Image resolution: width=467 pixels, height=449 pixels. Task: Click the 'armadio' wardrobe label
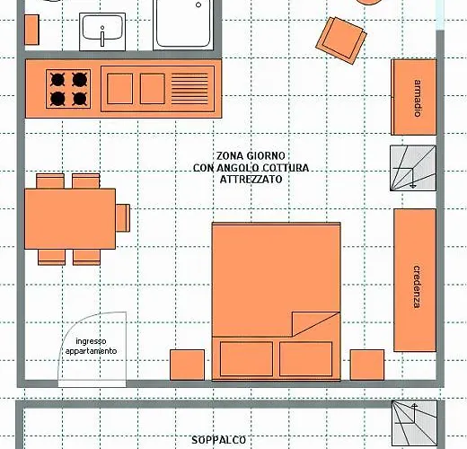pyautogui.click(x=418, y=98)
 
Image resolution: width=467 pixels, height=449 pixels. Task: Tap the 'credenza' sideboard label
pyautogui.click(x=417, y=286)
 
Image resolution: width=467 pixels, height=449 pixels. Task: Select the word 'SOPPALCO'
pyautogui.click(x=218, y=440)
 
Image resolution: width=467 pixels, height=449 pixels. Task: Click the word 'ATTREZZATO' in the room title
pyautogui.click(x=251, y=180)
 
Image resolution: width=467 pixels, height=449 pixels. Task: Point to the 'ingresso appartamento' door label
pyautogui.click(x=91, y=346)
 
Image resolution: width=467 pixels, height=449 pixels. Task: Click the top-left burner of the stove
pyautogui.click(x=57, y=80)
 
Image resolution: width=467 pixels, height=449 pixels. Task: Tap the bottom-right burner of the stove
pyautogui.click(x=80, y=99)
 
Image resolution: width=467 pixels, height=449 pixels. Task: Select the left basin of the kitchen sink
pyautogui.click(x=119, y=89)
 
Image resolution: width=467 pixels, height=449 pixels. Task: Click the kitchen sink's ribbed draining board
pyautogui.click(x=189, y=89)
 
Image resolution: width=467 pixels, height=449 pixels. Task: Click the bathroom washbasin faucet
pyautogui.click(x=102, y=36)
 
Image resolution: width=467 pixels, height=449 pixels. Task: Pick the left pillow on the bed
pyautogui.click(x=246, y=359)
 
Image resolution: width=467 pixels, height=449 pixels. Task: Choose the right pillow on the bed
pyautogui.click(x=305, y=359)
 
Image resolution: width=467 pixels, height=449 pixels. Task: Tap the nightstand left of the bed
pyautogui.click(x=188, y=365)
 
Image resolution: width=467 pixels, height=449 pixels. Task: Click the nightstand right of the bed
pyautogui.click(x=367, y=365)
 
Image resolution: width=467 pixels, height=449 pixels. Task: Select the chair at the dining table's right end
pyautogui.click(x=123, y=218)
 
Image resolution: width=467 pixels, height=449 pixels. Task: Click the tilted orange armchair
pyautogui.click(x=341, y=40)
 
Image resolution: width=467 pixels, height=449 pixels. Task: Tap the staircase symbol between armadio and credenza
pyautogui.click(x=413, y=168)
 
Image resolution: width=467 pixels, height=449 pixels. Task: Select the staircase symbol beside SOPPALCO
pyautogui.click(x=414, y=423)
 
